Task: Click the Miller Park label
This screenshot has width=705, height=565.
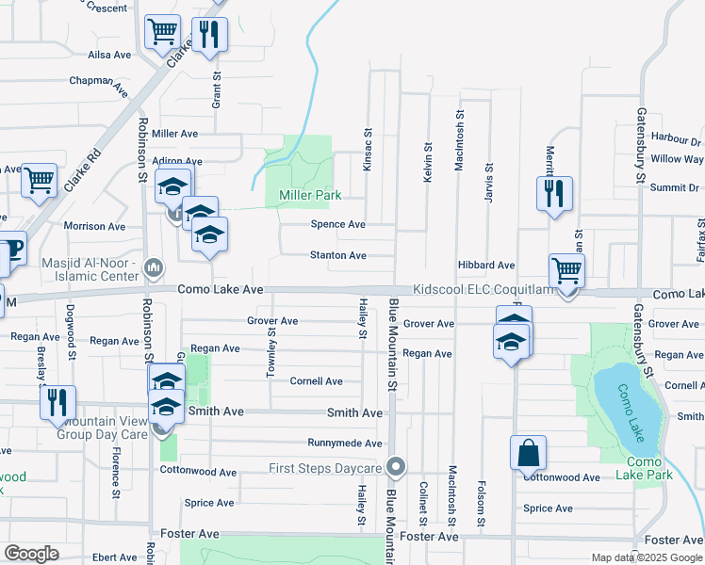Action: point(308,196)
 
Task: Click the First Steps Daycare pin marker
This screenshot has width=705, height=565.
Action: point(397,466)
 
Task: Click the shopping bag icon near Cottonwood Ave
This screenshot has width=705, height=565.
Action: point(529,453)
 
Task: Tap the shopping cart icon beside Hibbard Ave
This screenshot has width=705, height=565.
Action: point(566,271)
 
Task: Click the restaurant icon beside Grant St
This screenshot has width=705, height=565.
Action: point(210,36)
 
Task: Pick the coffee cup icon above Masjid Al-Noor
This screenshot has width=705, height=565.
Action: point(10,249)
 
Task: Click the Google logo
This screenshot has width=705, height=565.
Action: point(31,554)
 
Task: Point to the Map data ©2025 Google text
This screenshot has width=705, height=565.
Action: point(647,557)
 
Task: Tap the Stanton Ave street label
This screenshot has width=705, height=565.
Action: point(338,255)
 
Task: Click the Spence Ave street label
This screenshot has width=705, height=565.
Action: point(338,224)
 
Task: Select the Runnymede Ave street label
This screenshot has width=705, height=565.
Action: point(345,443)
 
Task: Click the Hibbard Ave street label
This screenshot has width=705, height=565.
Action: point(486,266)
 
